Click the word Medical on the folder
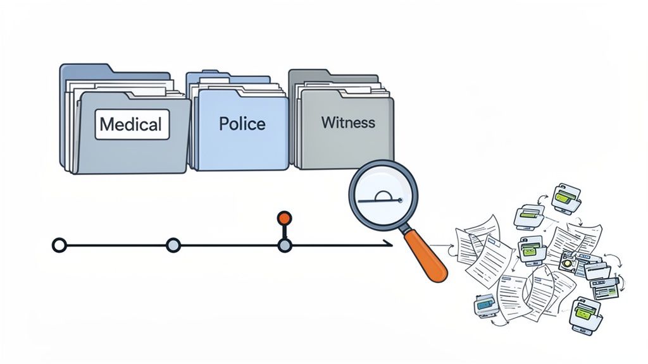click(132, 124)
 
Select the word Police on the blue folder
click(242, 123)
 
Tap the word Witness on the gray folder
click(347, 122)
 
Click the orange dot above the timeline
click(284, 218)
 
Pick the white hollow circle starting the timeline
click(59, 245)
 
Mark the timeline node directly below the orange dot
click(284, 245)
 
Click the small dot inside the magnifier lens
click(400, 202)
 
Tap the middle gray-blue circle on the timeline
click(173, 245)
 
